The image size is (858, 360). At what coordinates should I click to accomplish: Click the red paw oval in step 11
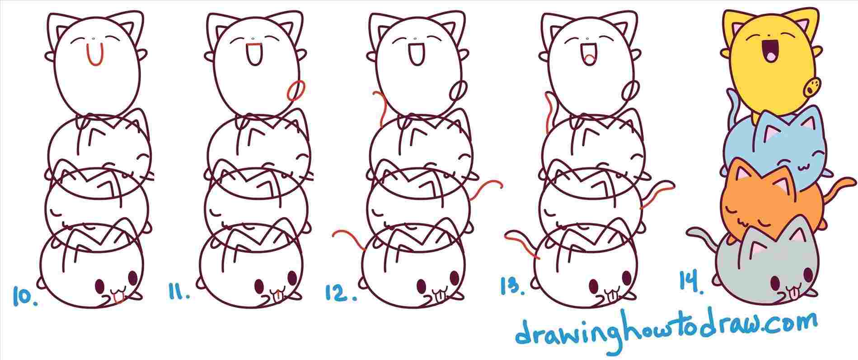pyautogui.click(x=296, y=89)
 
